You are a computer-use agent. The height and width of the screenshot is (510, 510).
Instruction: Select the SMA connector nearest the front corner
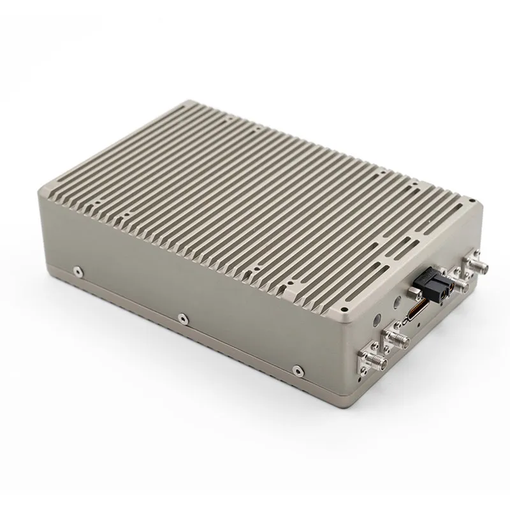[368, 363]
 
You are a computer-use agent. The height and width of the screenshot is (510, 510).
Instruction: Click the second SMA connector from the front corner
[397, 339]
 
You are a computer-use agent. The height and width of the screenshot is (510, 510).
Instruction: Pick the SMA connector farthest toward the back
[475, 263]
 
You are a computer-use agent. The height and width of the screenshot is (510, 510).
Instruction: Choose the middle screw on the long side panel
[182, 316]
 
